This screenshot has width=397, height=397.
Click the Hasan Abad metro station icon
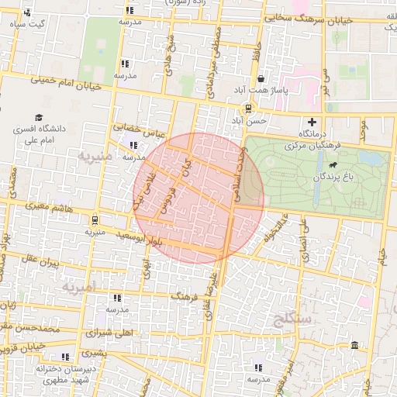[247, 108]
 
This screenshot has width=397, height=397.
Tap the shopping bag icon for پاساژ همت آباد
[261, 79]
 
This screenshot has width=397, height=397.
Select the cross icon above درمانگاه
[312, 122]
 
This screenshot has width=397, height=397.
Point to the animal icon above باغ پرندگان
[333, 165]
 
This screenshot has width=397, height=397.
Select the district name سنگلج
[291, 318]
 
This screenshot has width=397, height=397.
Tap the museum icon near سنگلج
[354, 345]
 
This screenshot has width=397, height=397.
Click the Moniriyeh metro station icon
[94, 219]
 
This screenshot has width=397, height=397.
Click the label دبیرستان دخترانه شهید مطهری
[64, 373]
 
